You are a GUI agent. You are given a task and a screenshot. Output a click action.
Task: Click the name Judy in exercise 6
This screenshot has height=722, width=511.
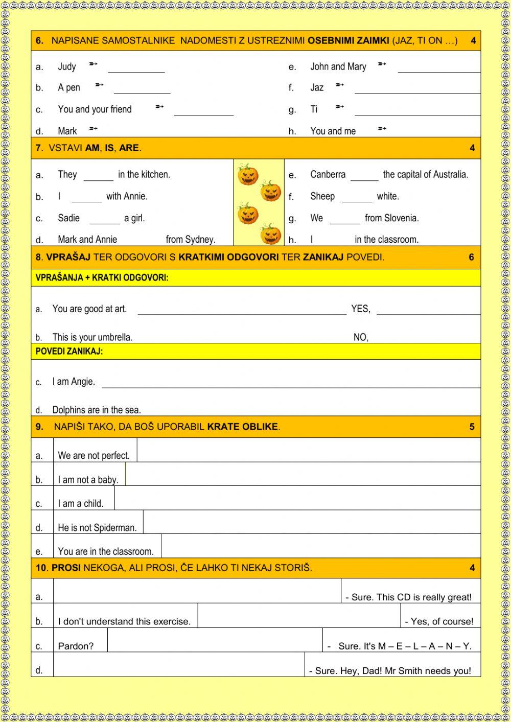click(67, 66)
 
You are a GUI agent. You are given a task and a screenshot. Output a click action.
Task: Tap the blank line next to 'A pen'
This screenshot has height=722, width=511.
click(142, 89)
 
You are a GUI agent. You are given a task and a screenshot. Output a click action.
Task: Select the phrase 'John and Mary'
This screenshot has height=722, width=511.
click(338, 66)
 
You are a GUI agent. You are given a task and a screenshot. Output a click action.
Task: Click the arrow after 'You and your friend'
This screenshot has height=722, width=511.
click(159, 107)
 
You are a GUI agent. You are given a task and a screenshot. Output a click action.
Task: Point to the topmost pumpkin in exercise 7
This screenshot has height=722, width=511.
click(248, 175)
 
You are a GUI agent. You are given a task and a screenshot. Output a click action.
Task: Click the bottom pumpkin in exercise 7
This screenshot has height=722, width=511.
click(271, 235)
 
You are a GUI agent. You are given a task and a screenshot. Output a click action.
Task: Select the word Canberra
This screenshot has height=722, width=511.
click(328, 174)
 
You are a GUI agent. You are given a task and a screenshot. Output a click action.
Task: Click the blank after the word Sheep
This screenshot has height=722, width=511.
click(357, 198)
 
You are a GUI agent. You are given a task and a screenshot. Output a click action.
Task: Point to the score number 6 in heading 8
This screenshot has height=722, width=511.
click(472, 257)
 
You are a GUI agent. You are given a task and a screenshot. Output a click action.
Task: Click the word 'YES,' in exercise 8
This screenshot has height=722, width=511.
click(361, 309)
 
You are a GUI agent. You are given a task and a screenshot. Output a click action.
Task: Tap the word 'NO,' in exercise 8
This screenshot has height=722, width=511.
click(361, 337)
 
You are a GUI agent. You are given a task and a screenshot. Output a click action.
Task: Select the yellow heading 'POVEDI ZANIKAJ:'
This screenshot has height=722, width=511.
click(69, 352)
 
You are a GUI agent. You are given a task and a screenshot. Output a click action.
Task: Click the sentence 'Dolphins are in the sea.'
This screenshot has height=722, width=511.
click(97, 410)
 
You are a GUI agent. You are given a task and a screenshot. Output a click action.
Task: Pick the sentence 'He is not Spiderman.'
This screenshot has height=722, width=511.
click(97, 528)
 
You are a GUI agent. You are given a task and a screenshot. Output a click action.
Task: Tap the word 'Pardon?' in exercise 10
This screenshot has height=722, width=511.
click(76, 646)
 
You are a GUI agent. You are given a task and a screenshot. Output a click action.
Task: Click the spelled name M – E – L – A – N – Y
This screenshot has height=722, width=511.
click(425, 646)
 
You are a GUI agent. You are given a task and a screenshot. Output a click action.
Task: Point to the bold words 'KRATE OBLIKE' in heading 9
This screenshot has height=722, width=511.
click(243, 427)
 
